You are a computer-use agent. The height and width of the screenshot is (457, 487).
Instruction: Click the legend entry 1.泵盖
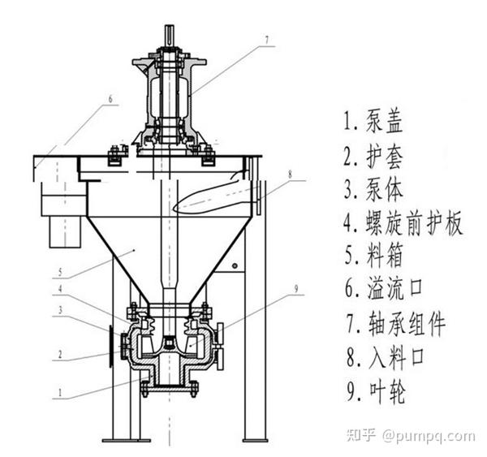coord(373,123)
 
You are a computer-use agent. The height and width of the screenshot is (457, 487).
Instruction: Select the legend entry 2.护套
coord(373,155)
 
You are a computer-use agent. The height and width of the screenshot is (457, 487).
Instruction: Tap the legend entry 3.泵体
coord(373,189)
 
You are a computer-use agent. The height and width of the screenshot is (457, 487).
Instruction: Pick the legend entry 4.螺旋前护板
coord(403,223)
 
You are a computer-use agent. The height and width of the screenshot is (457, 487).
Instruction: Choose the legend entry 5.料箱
coord(373,257)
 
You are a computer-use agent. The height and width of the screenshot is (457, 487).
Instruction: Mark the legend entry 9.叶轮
coord(373,392)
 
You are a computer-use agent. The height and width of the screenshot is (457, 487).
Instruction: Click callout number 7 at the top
coord(265,37)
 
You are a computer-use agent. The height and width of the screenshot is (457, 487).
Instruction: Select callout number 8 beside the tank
coord(288,172)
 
